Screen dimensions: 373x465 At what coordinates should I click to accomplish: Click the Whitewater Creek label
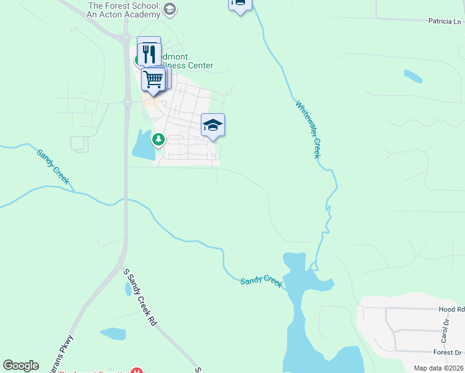(x=308, y=130)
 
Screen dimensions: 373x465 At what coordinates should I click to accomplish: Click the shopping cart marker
(x=152, y=79)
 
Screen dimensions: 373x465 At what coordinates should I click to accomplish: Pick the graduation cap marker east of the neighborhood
(x=213, y=125)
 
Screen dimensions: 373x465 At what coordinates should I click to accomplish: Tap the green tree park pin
(x=159, y=139)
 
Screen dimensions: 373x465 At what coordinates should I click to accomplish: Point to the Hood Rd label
(x=451, y=309)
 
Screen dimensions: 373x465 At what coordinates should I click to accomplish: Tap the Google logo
(x=21, y=366)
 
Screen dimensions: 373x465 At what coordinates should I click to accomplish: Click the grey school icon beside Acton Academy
(x=171, y=9)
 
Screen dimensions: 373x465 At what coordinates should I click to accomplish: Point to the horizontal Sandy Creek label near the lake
(x=261, y=281)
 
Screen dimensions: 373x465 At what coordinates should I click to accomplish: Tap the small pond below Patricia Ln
(x=413, y=76)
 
